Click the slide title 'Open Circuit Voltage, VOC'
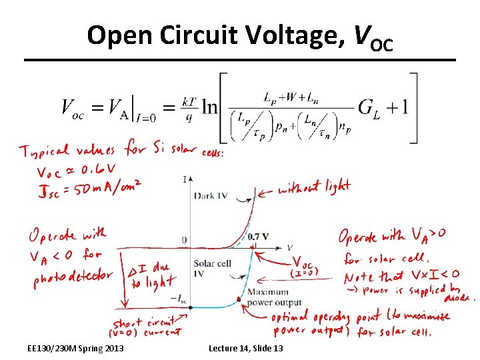coord(240,36)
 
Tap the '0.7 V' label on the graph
coord(258,237)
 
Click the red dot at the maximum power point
coord(238,298)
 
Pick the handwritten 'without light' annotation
coord(314,189)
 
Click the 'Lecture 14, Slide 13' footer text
coord(245,348)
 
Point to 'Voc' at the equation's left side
coord(73,107)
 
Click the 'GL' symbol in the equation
coord(368,107)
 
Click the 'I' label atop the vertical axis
coord(184,179)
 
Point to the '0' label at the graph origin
coord(184,240)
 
